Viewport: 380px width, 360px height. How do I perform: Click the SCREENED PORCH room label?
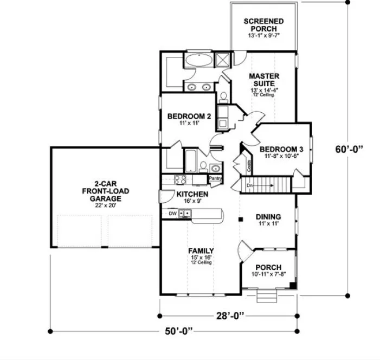[x=263, y=25]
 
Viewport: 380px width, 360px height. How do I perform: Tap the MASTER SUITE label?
[x=264, y=80]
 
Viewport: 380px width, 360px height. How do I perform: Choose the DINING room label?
[x=268, y=217]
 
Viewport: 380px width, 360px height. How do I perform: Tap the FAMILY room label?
[x=200, y=251]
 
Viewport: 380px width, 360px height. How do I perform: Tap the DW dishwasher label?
[x=172, y=213]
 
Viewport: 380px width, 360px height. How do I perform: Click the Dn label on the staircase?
[x=250, y=185]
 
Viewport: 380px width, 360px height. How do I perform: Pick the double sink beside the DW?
[x=185, y=213]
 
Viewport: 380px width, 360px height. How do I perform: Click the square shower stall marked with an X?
[x=223, y=60]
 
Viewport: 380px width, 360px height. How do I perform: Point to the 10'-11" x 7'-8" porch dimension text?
[x=268, y=275]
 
